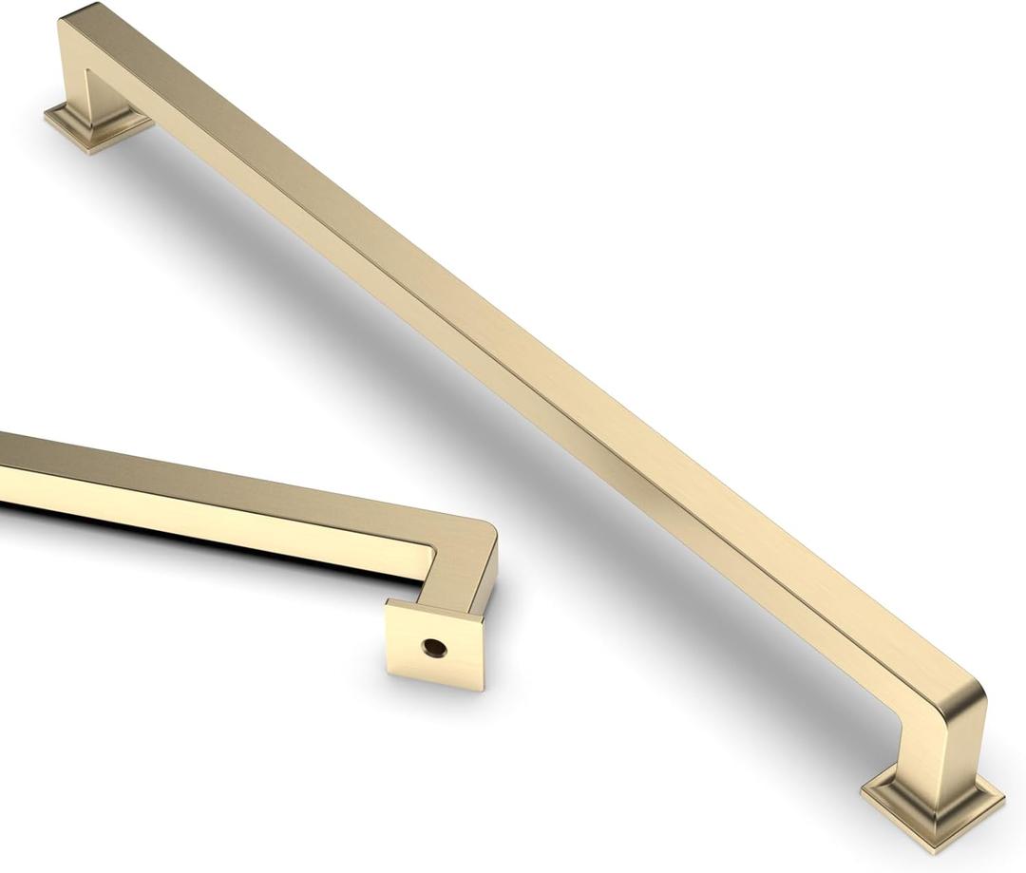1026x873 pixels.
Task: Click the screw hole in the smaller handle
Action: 434,648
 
